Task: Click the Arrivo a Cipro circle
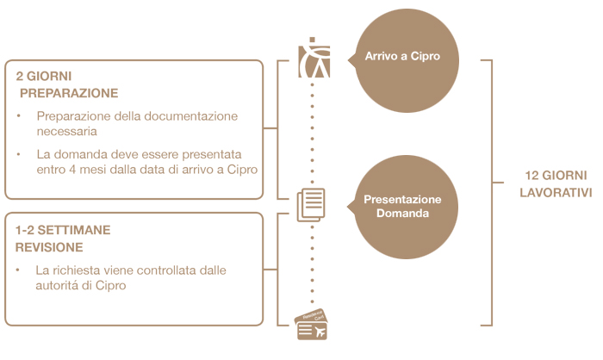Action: click(x=401, y=58)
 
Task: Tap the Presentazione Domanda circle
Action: click(x=401, y=205)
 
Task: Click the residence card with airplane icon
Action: click(x=312, y=326)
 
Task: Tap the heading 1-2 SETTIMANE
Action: click(x=63, y=230)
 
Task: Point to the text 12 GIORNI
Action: click(x=556, y=175)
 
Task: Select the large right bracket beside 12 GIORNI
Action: click(x=488, y=182)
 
